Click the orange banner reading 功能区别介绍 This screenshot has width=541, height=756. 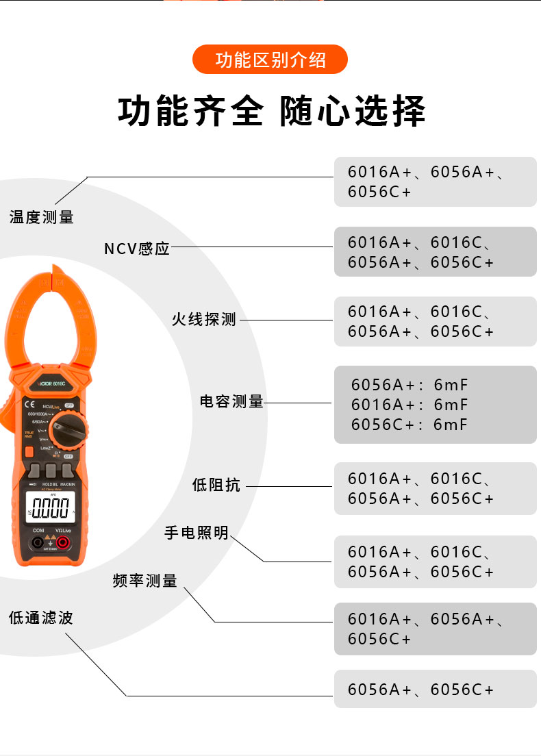(270, 60)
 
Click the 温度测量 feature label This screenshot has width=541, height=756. (41, 218)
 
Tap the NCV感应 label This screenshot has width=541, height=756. (136, 249)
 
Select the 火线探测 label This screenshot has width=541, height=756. (203, 319)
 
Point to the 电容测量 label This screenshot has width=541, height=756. (231, 402)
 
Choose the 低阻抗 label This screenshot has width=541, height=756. (216, 486)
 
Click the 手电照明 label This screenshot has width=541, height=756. (196, 533)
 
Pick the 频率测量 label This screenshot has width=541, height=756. (144, 581)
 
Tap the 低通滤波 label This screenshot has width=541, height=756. (40, 618)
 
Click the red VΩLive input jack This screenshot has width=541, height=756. (63, 543)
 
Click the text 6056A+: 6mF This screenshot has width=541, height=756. (409, 385)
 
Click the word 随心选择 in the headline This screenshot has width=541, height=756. (353, 112)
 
